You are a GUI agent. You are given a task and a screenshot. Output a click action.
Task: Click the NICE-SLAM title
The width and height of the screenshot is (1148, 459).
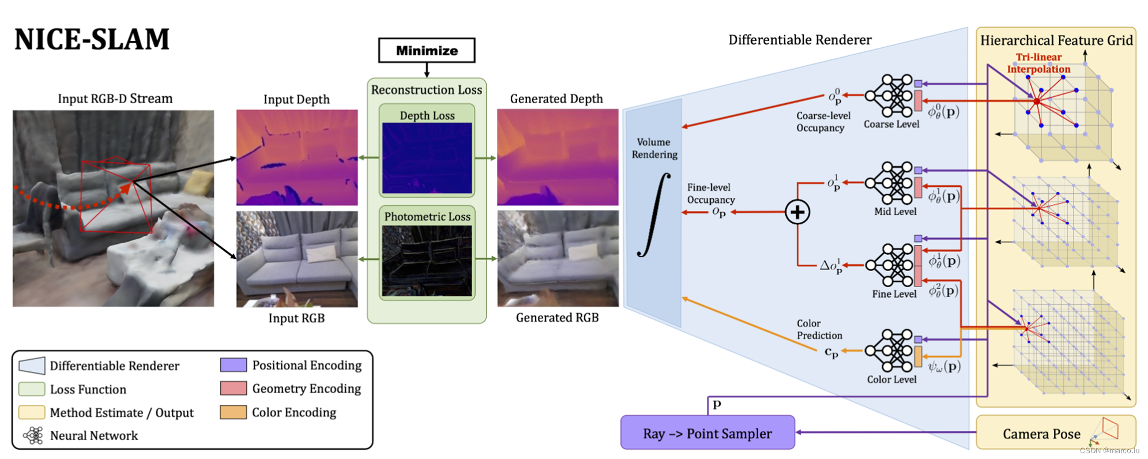[x=92, y=40]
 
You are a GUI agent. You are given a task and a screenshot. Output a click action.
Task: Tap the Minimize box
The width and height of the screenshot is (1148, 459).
[x=427, y=51]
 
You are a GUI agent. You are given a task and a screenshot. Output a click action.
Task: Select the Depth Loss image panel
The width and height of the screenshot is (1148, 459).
[x=427, y=157]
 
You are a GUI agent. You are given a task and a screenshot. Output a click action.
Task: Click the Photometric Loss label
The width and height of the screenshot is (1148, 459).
[x=427, y=217]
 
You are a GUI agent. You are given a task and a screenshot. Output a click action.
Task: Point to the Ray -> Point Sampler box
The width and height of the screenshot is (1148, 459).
[x=707, y=433]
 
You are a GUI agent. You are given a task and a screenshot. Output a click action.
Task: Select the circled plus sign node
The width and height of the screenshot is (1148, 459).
[x=797, y=212]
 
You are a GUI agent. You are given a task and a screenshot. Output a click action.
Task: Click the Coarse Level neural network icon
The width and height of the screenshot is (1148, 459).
[x=890, y=95]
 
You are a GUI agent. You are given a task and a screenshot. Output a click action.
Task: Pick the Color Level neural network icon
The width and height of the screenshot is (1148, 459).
[x=890, y=350]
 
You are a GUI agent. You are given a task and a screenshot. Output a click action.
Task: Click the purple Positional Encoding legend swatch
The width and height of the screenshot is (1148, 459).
[x=234, y=365]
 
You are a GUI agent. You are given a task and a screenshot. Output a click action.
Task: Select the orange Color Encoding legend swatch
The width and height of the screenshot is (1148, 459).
[x=234, y=412]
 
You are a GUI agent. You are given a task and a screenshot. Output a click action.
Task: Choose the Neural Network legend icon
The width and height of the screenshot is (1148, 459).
[x=33, y=435]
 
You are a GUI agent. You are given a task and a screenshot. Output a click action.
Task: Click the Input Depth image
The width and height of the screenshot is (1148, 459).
[x=297, y=157]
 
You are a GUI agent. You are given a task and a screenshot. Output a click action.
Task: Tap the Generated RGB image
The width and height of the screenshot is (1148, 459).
[x=558, y=258]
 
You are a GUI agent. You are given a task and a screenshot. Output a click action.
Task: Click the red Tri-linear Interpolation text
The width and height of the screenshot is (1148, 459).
[x=1038, y=63]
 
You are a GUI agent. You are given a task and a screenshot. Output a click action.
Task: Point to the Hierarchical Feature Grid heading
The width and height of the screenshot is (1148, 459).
[x=1056, y=40]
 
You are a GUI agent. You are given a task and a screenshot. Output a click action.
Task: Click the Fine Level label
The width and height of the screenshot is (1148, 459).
[x=894, y=294]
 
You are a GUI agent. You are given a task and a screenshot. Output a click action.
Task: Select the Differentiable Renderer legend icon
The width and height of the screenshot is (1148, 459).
[x=32, y=366]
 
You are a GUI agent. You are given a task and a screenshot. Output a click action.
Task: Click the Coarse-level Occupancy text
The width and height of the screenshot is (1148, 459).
[x=823, y=122]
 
